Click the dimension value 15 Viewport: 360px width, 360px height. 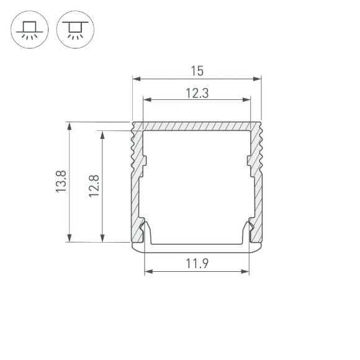point(197,71)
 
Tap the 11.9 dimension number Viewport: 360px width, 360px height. point(197,264)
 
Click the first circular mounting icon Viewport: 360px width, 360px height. point(28,30)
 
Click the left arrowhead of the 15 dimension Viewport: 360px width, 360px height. point(137,79)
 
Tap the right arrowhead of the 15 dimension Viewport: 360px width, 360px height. point(257,79)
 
